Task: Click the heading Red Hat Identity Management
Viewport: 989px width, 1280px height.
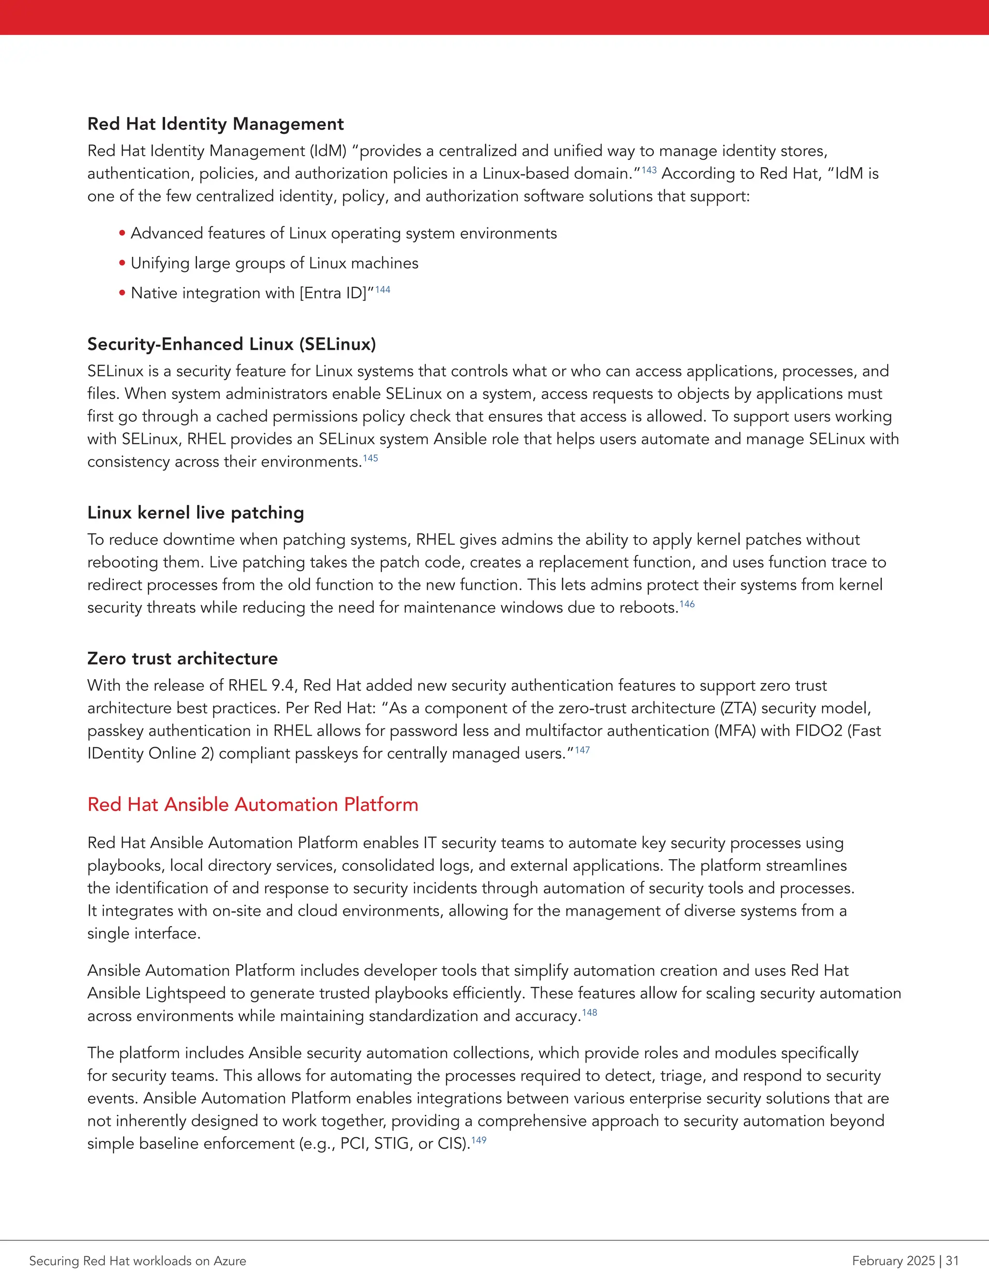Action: [215, 124]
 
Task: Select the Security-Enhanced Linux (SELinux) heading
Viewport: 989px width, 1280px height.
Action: [231, 344]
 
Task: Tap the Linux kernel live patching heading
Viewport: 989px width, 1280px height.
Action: [195, 513]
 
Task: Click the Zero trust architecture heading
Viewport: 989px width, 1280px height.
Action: [182, 659]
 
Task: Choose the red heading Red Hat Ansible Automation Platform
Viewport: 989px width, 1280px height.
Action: [253, 805]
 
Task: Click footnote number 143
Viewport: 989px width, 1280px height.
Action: [649, 170]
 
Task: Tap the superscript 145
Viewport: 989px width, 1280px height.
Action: [370, 458]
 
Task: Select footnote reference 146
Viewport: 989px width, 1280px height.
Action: [687, 604]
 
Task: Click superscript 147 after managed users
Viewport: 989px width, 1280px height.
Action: [582, 750]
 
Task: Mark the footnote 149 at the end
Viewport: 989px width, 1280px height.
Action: [479, 1140]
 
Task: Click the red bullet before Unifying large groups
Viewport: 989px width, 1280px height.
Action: [123, 263]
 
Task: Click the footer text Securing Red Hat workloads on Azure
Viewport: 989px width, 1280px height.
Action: [138, 1261]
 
